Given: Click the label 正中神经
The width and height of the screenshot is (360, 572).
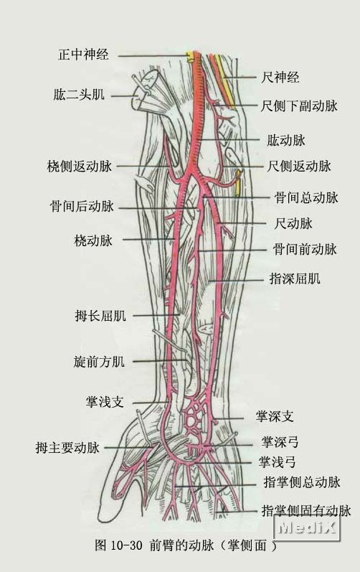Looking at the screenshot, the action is (83, 55).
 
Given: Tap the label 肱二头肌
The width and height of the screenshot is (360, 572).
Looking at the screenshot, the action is (79, 95).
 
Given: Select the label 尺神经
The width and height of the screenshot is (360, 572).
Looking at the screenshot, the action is (280, 77).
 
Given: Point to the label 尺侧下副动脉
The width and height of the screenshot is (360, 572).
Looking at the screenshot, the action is (299, 106).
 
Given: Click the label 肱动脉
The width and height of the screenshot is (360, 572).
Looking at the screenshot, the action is (286, 140).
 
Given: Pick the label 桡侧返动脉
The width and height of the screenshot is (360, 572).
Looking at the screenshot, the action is (80, 167).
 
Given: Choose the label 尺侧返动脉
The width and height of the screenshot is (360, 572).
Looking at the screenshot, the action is (299, 167).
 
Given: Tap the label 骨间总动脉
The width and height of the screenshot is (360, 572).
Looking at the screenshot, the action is (306, 197).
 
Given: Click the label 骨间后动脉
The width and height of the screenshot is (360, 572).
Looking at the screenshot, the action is (82, 207).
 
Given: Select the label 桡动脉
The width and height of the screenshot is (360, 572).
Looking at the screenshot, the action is (93, 240).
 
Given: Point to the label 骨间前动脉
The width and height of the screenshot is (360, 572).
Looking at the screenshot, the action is (305, 250).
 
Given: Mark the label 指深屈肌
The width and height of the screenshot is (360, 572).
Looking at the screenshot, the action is (295, 278).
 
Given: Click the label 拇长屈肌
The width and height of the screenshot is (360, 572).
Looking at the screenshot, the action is (100, 316).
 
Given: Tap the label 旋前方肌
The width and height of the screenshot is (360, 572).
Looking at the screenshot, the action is (99, 362).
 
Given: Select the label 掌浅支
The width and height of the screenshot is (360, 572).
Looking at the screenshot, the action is (105, 402).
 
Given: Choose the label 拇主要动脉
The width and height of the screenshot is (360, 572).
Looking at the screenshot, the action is (67, 447).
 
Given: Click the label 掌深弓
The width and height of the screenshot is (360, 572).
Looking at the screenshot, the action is (280, 442).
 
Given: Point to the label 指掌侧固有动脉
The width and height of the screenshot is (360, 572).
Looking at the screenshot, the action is (306, 511).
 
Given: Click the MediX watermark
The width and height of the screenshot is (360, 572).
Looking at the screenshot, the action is (306, 527).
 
